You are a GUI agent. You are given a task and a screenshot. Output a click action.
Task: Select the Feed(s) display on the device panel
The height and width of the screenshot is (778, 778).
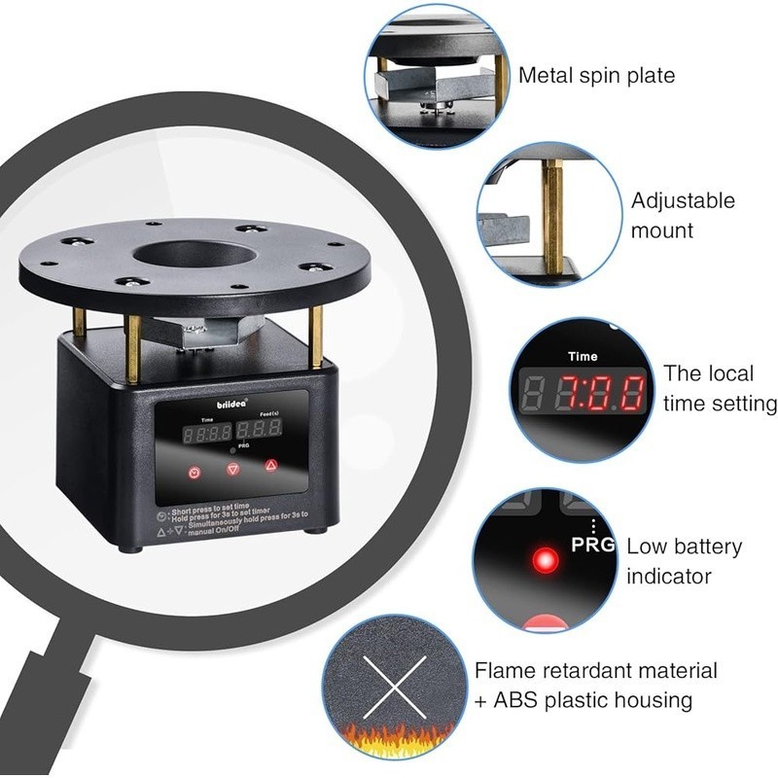[x=263, y=428]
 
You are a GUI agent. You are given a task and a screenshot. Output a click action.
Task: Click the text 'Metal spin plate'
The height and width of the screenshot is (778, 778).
[x=596, y=76]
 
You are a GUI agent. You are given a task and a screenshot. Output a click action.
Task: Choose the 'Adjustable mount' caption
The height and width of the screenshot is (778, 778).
[x=683, y=216]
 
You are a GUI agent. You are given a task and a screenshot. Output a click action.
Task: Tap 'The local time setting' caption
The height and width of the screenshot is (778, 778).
[x=720, y=388]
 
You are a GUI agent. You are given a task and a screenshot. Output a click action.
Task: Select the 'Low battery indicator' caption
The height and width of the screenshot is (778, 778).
[x=684, y=561]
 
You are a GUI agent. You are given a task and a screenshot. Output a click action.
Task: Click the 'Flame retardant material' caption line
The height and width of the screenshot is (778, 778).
[x=596, y=670]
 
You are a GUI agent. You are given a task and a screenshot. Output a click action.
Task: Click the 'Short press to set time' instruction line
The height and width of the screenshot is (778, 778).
[x=226, y=510]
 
